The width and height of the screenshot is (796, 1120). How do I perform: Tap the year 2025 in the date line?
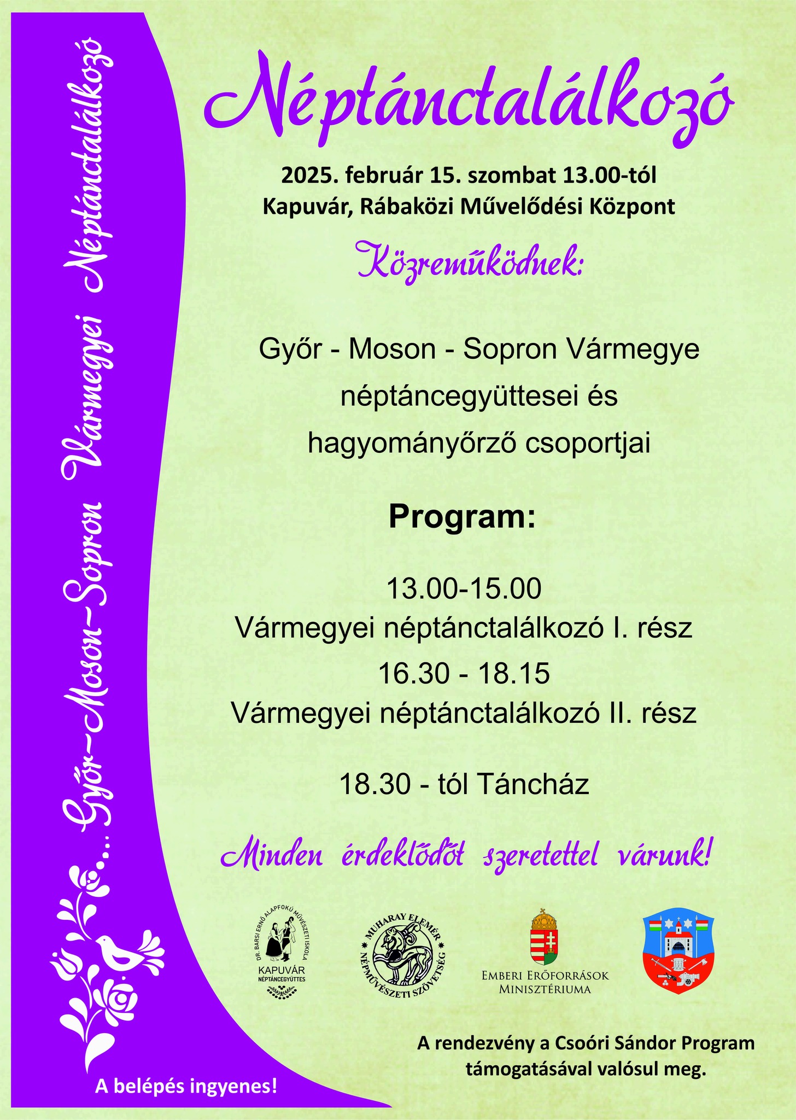(303, 176)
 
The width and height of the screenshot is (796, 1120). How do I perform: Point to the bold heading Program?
(462, 517)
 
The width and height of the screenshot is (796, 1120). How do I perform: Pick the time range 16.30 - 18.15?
(464, 673)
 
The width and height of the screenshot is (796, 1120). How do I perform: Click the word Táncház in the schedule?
(533, 784)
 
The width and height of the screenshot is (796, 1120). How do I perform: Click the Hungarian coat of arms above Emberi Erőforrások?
(545, 937)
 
